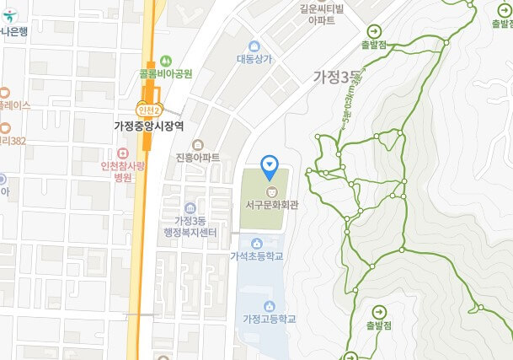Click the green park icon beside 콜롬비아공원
point(166,60)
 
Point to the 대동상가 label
point(253,59)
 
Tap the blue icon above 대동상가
point(254,46)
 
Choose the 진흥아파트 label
point(198,158)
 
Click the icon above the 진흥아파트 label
point(198,144)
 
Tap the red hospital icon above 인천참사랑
point(123,153)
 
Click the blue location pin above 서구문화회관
point(270,165)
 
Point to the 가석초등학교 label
point(256,255)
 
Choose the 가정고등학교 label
point(269,319)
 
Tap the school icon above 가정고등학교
point(269,305)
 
